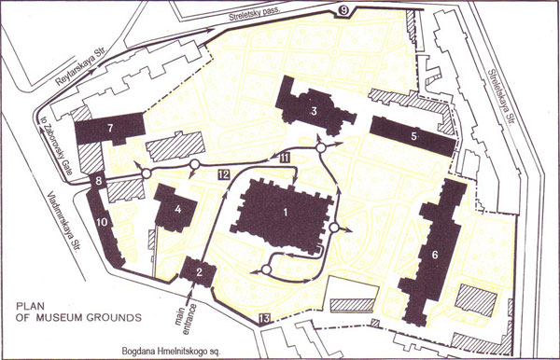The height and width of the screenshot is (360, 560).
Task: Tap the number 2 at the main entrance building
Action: coord(200,271)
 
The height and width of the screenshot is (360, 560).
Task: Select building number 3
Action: coord(315,112)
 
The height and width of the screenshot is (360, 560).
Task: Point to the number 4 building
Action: coord(176,209)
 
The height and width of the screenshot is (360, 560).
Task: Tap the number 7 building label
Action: coord(110,126)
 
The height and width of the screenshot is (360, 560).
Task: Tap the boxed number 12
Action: coord(223,174)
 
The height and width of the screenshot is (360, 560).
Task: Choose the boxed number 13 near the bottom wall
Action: coord(264,320)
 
